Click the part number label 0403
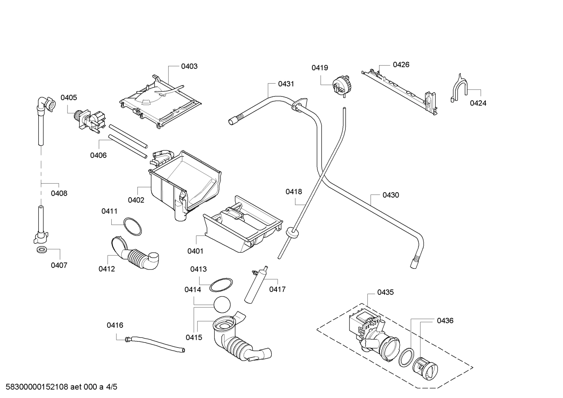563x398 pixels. coord(189,66)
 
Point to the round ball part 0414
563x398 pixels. coord(222,304)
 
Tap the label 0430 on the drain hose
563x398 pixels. coord(390,195)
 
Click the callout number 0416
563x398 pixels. coord(115,325)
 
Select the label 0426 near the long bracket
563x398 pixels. coord(401,64)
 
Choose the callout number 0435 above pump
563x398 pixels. coord(385,292)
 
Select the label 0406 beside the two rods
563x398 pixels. coord(98,155)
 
